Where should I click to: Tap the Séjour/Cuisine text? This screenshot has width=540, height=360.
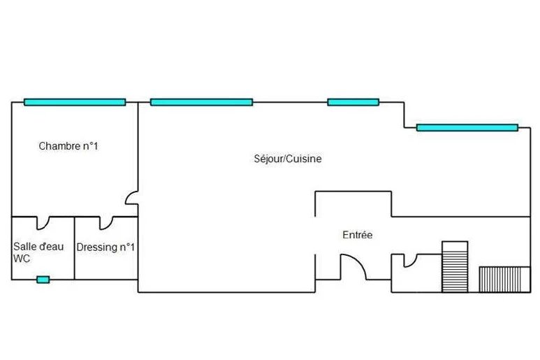click(287, 159)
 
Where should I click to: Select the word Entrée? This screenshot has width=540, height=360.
click(357, 235)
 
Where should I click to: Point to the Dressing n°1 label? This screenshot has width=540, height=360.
click(105, 247)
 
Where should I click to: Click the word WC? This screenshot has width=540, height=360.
click(22, 259)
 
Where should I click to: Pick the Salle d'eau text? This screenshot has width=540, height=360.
click(38, 247)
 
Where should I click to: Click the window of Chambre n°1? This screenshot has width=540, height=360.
click(75, 102)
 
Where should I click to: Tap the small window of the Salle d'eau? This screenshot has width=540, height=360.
click(43, 280)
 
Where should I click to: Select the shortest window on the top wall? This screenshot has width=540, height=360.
click(353, 102)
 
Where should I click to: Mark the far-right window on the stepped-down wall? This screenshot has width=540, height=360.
click(467, 127)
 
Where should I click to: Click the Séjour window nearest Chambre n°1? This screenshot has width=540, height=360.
click(201, 102)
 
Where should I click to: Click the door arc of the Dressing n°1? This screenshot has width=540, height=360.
click(107, 222)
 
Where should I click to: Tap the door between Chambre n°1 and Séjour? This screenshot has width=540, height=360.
click(132, 199)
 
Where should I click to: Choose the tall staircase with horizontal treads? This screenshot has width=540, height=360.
click(454, 266)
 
